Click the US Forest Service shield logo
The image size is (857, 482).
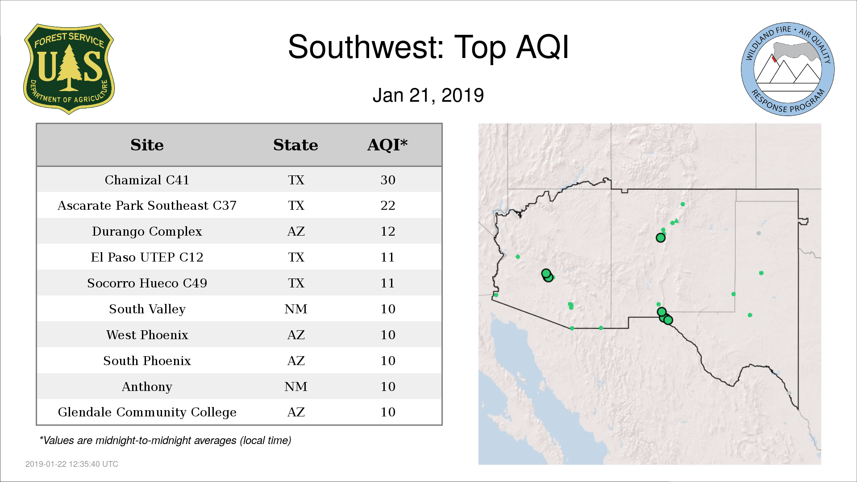pyautogui.click(x=69, y=69)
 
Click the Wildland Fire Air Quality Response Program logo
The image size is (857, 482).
pyautogui.click(x=788, y=69)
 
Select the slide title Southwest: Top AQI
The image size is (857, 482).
pyautogui.click(x=428, y=47)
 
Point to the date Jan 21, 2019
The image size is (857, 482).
pyautogui.click(x=428, y=96)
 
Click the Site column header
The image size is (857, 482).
pyautogui.click(x=147, y=145)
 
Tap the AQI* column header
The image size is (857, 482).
pyautogui.click(x=387, y=145)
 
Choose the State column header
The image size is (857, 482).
pyautogui.click(x=295, y=145)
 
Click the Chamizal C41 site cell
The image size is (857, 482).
pyautogui.click(x=147, y=180)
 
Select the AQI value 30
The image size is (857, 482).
pyautogui.click(x=388, y=180)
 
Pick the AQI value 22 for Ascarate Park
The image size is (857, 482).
pyautogui.click(x=388, y=206)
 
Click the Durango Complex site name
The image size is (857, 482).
pyautogui.click(x=147, y=232)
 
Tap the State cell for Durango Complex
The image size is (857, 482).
pyautogui.click(x=296, y=232)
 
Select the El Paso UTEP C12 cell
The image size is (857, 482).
pyautogui.click(x=147, y=258)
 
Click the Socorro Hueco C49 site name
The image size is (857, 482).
pyautogui.click(x=147, y=283)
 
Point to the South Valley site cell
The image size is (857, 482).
pyautogui.click(x=147, y=309)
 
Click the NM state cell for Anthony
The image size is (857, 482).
pyautogui.click(x=296, y=386)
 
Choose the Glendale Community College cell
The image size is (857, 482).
pyautogui.click(x=147, y=412)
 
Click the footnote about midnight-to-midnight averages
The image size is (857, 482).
pyautogui.click(x=165, y=441)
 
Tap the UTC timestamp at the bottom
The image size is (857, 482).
pyautogui.click(x=72, y=464)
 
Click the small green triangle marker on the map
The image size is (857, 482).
pyautogui.click(x=676, y=220)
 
